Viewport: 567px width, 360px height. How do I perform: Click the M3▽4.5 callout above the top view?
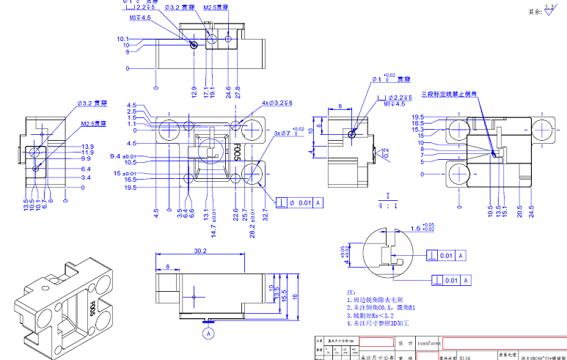pyautogui.click(x=140, y=18)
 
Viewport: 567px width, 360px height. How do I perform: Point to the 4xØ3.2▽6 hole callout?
pyautogui.click(x=277, y=103)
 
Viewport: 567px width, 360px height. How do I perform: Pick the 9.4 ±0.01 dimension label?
pyautogui.click(x=123, y=156)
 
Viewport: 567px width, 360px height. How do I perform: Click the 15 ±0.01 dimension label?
pyautogui.click(x=125, y=173)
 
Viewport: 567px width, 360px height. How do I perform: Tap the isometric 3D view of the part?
pyautogui.click(x=62, y=301)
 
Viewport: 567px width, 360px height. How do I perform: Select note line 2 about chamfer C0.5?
pyautogui.click(x=376, y=307)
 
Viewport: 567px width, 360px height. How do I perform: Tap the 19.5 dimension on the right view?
pyautogui.click(x=417, y=117)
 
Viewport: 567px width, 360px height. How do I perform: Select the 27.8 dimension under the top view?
pyautogui.click(x=237, y=93)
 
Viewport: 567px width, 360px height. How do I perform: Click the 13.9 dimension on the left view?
pyautogui.click(x=87, y=147)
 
